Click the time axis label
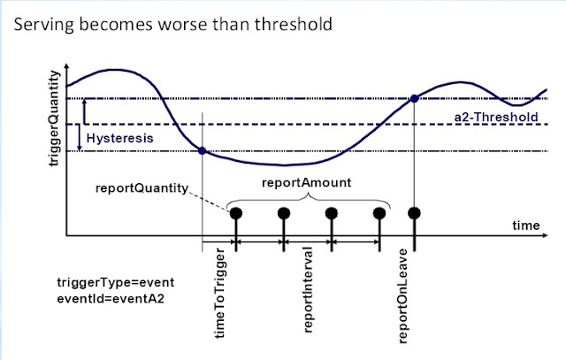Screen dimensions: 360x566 526,226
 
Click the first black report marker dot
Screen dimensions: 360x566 236,212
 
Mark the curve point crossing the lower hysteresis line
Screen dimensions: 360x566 203,151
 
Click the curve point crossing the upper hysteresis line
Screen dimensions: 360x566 415,98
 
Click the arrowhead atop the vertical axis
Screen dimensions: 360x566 65,62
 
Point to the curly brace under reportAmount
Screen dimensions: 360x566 308,197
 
